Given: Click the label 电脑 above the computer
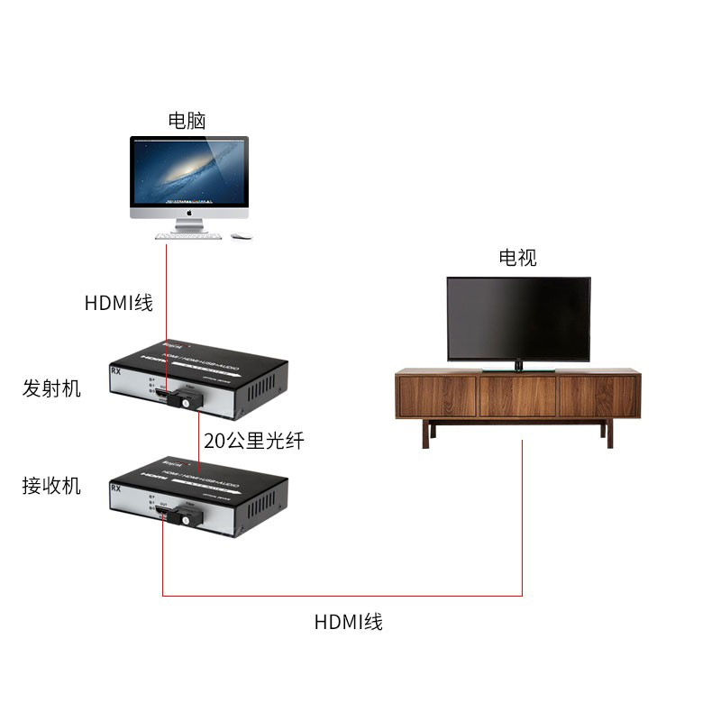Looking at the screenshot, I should (x=187, y=121).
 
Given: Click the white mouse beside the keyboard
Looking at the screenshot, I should (x=241, y=237).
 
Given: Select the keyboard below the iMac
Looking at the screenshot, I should (x=187, y=236).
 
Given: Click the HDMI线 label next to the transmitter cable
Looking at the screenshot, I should (x=119, y=304).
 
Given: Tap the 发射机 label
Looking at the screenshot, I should (x=51, y=388).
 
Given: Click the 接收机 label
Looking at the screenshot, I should (x=51, y=486).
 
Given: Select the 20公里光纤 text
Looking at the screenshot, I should (x=255, y=442).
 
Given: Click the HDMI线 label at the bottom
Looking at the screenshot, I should (x=348, y=622).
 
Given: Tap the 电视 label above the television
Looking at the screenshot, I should (x=518, y=258).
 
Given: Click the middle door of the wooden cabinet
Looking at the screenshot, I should (x=517, y=397).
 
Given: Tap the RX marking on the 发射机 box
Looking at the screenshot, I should (x=116, y=370).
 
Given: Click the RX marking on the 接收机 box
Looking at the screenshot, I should (x=116, y=488).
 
